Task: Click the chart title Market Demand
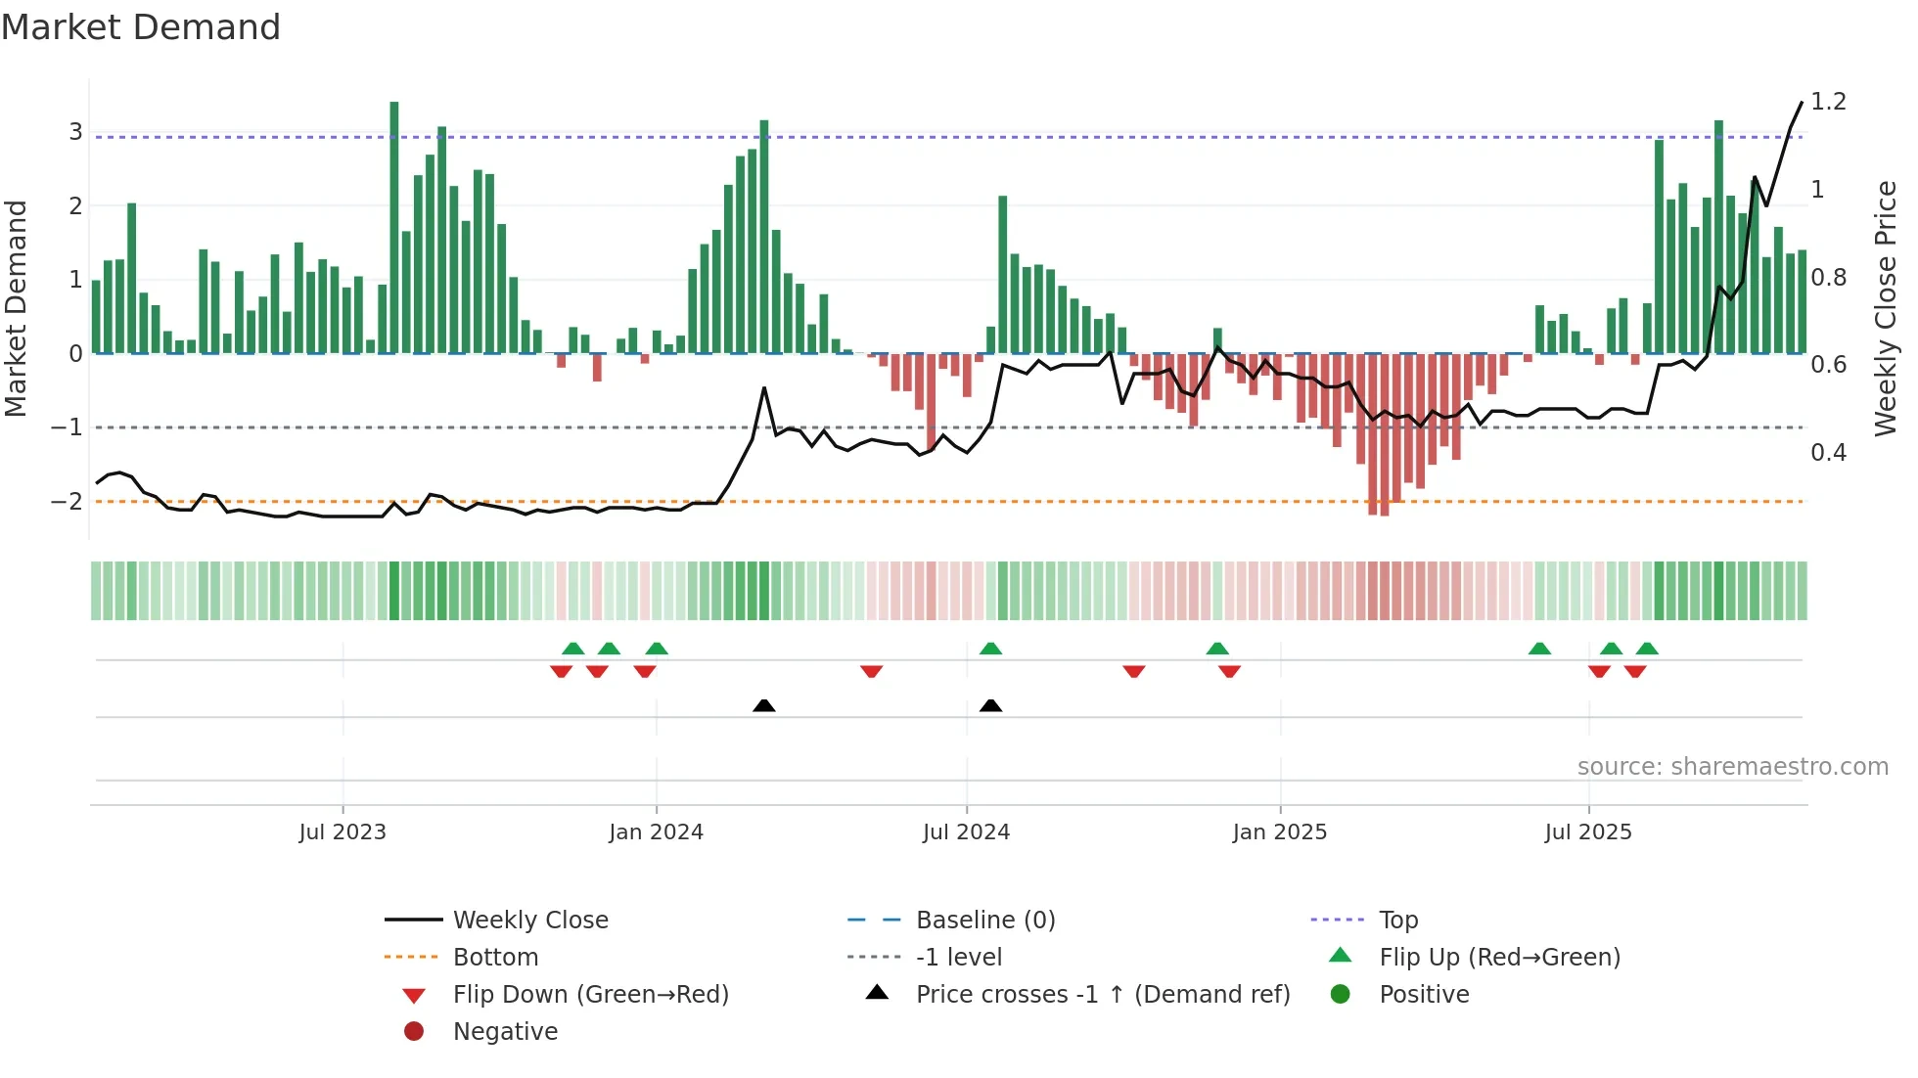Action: pos(141,27)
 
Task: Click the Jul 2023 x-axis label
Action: pos(342,832)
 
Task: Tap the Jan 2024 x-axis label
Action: pos(656,832)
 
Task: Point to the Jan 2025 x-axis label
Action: pos(1279,832)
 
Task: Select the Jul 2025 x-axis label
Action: pos(1588,832)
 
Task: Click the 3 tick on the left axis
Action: pos(75,132)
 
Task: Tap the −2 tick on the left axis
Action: pos(68,502)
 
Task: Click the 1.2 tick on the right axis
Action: pos(1828,102)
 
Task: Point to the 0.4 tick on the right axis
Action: pos(1828,453)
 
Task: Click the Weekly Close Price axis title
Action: pos(1886,308)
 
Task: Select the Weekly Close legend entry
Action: pos(529,921)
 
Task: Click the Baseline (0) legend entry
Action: pos(984,921)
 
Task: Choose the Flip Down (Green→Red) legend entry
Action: pos(590,995)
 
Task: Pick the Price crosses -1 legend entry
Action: pos(1102,995)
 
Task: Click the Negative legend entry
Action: pos(505,1032)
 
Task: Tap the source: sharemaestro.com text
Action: pos(1732,767)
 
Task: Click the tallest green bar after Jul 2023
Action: pos(394,227)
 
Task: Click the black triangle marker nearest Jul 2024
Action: pos(990,705)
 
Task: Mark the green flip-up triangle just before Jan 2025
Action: pos(1217,649)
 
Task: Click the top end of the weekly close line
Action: pos(1802,103)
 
